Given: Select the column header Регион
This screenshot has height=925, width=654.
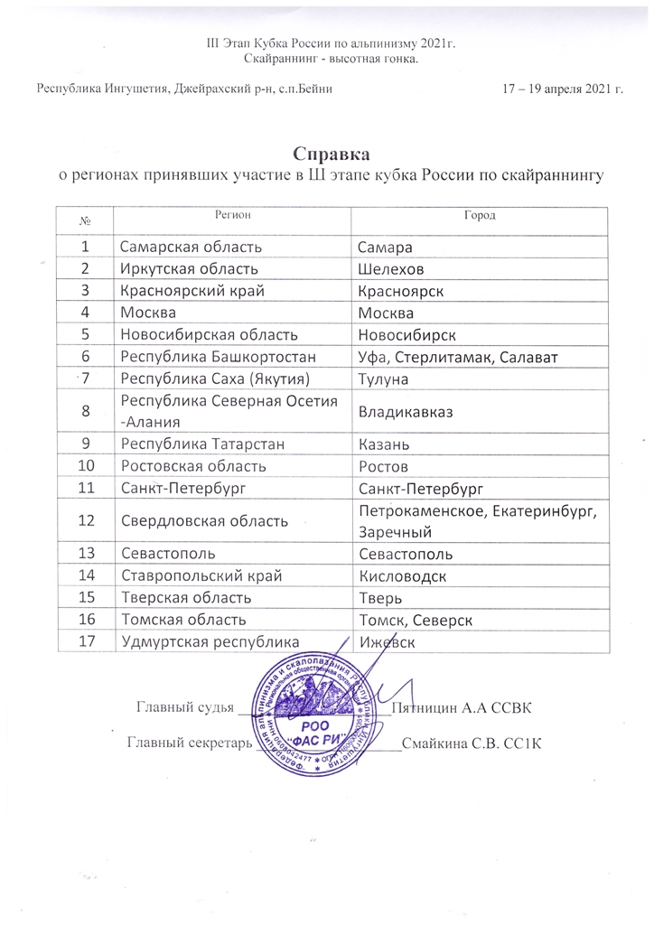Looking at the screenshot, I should (232, 214).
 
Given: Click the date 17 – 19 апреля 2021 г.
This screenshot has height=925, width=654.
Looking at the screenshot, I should (563, 89).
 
